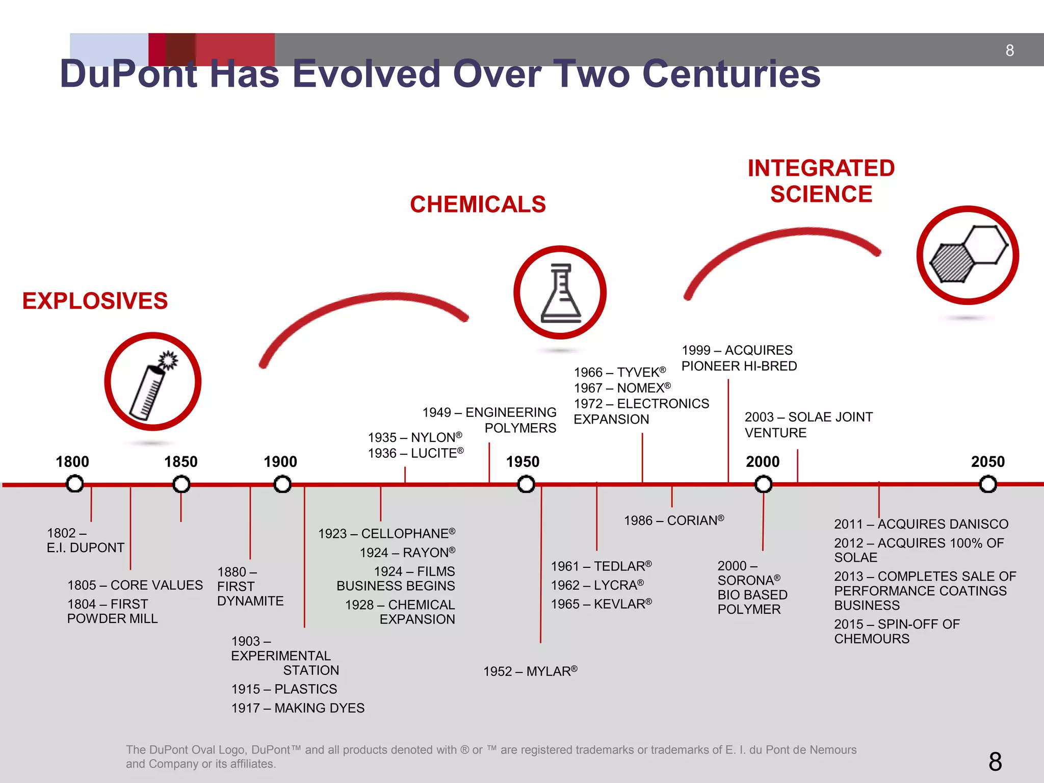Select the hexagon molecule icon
point(967,255)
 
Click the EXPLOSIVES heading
point(95,301)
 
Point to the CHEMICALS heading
point(478,204)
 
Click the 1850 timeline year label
point(180,462)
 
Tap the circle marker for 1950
point(526,484)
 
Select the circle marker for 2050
point(987,484)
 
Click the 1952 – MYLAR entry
point(530,671)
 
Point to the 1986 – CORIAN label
point(673,520)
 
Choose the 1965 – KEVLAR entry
point(601,604)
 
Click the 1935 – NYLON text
point(415,437)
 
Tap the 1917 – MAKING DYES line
point(298,708)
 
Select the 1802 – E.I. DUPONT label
point(85,540)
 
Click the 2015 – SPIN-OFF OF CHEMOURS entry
point(897,632)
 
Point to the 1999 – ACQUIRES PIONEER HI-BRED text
point(739,358)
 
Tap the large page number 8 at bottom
point(995,762)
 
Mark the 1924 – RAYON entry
point(407,553)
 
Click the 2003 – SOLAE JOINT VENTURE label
point(808,425)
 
